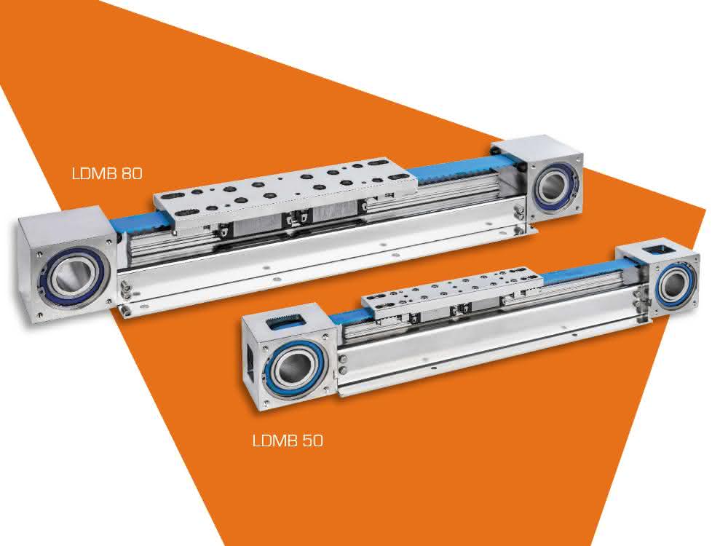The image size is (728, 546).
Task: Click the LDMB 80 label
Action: click(107, 174)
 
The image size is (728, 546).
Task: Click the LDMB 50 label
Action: click(288, 440)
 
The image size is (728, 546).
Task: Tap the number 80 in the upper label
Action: click(132, 174)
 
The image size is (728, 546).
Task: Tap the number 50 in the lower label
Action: click(312, 440)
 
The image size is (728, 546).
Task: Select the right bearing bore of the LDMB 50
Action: click(673, 286)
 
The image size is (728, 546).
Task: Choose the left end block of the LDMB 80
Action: click(67, 265)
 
